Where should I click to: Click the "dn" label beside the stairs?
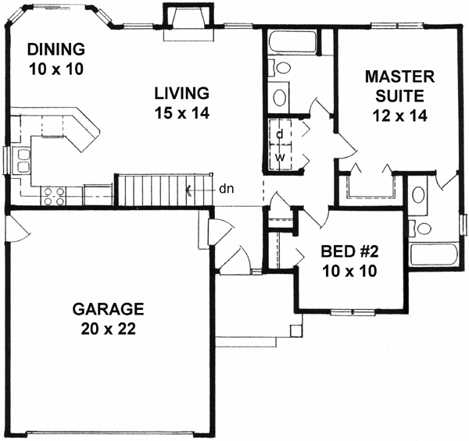224,188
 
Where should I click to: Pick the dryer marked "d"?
279,133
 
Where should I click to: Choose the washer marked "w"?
279,156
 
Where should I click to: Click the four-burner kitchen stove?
54,196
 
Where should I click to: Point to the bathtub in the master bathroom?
431,257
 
